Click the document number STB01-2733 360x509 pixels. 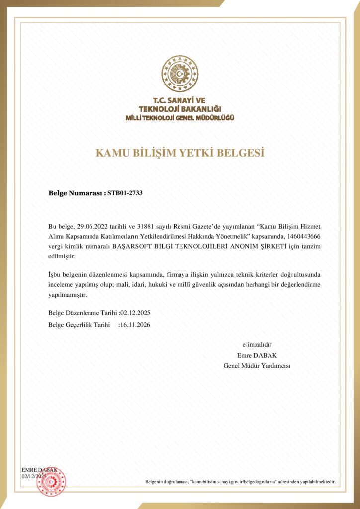125,192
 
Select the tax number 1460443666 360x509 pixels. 307,236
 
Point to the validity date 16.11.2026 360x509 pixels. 135,325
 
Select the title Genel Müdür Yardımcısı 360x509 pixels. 257,366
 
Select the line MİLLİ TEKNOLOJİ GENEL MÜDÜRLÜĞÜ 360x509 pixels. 180,117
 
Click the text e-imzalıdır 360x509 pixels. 257,344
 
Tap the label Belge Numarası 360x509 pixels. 77,192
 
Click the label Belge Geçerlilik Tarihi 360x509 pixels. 79,325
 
